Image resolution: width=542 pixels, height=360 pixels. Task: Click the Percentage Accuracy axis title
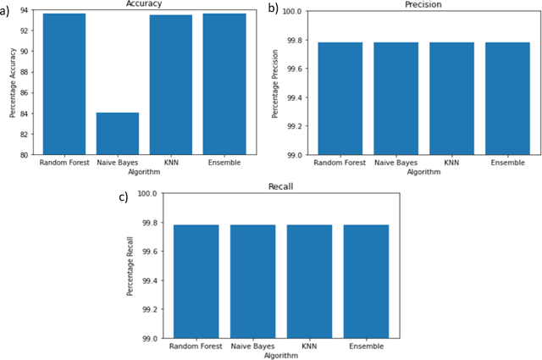pyautogui.click(x=10, y=82)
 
